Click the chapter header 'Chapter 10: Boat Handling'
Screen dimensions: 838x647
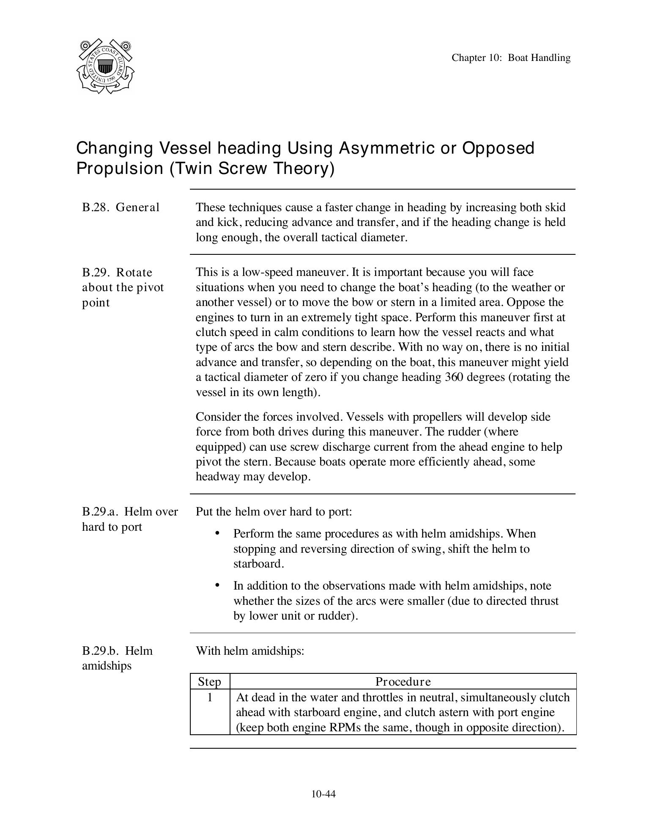(511, 58)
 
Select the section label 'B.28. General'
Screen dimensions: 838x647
(121, 207)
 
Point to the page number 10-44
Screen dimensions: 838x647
(323, 794)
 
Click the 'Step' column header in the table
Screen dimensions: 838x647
(210, 681)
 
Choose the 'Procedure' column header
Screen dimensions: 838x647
(403, 681)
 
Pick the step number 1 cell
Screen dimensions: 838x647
(210, 697)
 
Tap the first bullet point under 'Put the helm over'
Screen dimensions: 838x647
(218, 533)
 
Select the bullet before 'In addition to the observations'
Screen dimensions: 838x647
(218, 585)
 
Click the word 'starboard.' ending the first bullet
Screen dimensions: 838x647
(259, 564)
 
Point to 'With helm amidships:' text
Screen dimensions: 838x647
(250, 651)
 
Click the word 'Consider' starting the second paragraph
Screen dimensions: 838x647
(216, 417)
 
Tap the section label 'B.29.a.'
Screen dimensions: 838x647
(100, 512)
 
